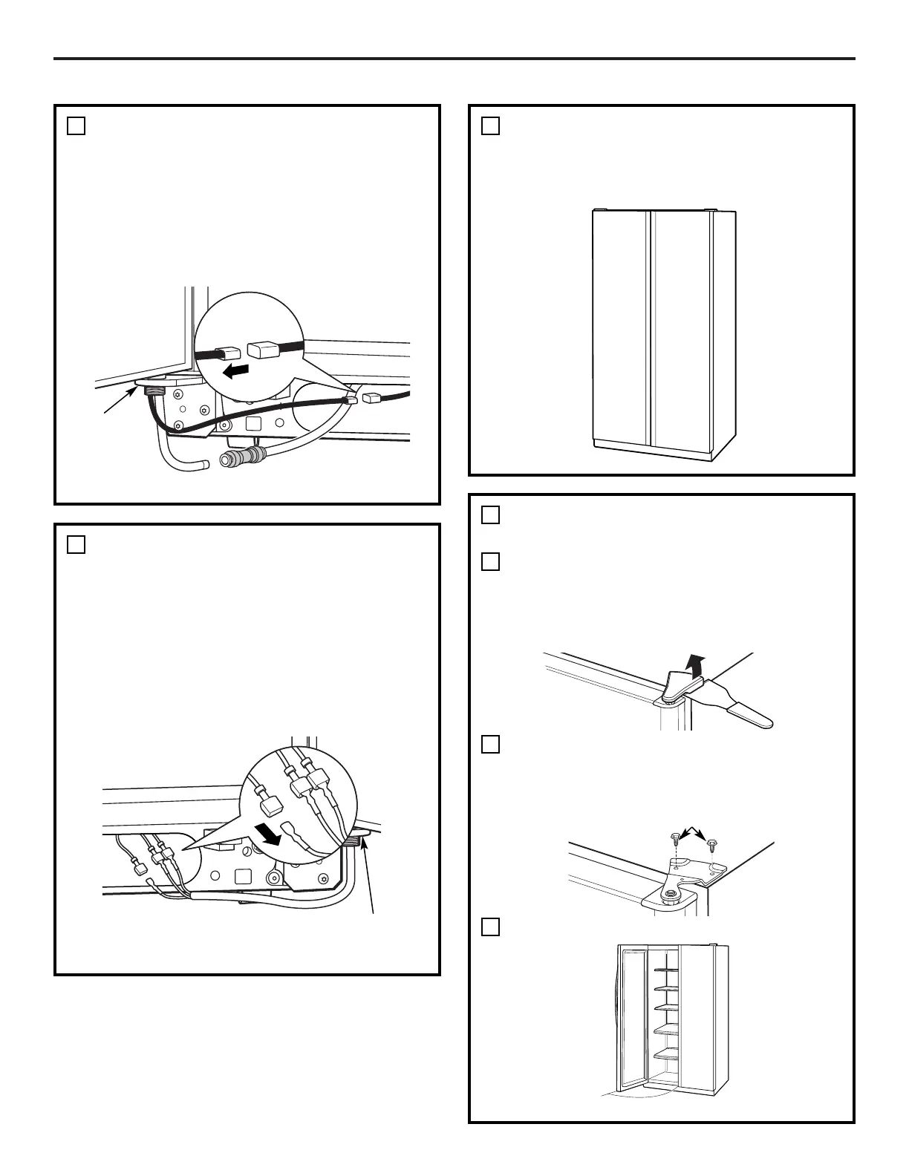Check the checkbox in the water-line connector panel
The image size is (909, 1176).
[x=76, y=126]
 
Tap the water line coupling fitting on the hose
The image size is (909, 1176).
[x=245, y=456]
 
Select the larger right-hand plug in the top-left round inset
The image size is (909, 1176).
[x=264, y=349]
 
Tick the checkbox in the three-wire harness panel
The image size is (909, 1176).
[x=76, y=545]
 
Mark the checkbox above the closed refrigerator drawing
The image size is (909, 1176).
[x=490, y=126]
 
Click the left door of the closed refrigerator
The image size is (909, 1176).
[x=621, y=330]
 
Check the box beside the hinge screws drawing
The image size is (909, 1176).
[x=490, y=744]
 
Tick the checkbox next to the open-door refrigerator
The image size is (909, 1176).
[x=490, y=927]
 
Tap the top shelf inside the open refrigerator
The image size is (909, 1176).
[x=665, y=969]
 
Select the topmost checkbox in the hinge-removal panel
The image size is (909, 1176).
[x=490, y=515]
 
